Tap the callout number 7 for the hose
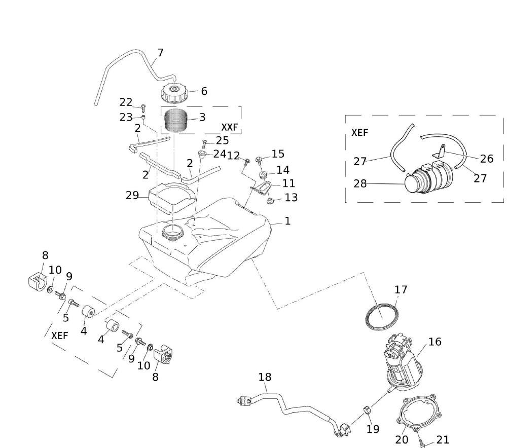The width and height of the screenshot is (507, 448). [x=160, y=53]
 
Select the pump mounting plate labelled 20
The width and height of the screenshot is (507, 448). [x=419, y=415]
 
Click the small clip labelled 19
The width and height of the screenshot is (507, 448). [x=368, y=410]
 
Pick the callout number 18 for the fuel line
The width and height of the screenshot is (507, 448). [x=265, y=377]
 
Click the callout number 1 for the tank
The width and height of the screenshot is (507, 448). [x=287, y=221]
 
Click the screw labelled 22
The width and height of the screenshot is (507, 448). [x=143, y=107]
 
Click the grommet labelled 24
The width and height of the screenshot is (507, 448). [x=202, y=154]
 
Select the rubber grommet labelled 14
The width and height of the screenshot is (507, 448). [x=263, y=175]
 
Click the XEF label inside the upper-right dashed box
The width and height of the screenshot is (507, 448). [x=359, y=133]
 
